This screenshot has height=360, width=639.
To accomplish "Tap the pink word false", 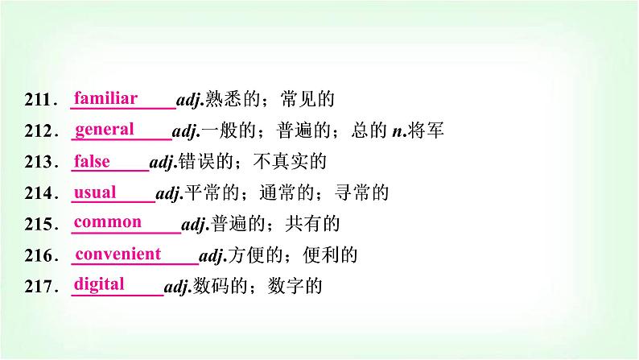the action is (x=92, y=161).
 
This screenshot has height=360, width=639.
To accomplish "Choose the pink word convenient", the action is (x=118, y=254).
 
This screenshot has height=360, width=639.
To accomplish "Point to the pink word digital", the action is (x=99, y=283).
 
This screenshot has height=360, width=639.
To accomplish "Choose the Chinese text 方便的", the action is (x=254, y=255).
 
